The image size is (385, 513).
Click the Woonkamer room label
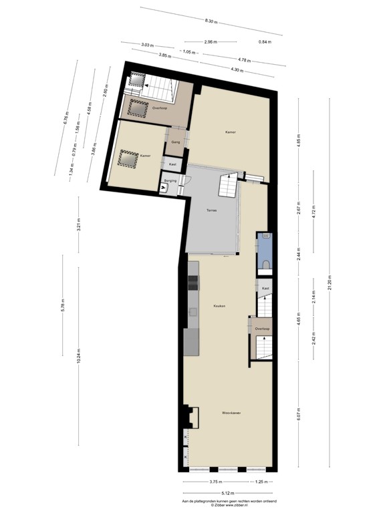231,413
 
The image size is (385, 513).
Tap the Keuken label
219,306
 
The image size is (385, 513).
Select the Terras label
211,210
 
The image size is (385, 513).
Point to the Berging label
170,180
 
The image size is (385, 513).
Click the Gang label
175,142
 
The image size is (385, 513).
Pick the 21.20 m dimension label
330,285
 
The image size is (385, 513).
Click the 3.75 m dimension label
215,482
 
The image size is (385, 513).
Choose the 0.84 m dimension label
265,42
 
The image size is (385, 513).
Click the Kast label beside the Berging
172,164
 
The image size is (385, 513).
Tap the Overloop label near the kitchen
262,329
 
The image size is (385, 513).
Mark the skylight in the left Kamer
126,158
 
